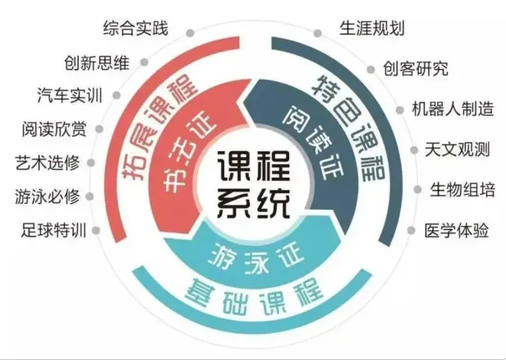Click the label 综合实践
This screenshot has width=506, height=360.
[136, 30]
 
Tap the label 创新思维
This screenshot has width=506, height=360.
[97, 62]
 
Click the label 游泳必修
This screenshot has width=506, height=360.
[47, 196]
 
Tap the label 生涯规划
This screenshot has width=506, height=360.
[372, 29]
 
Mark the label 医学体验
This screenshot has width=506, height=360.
[453, 230]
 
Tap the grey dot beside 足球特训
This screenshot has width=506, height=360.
[97, 231]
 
